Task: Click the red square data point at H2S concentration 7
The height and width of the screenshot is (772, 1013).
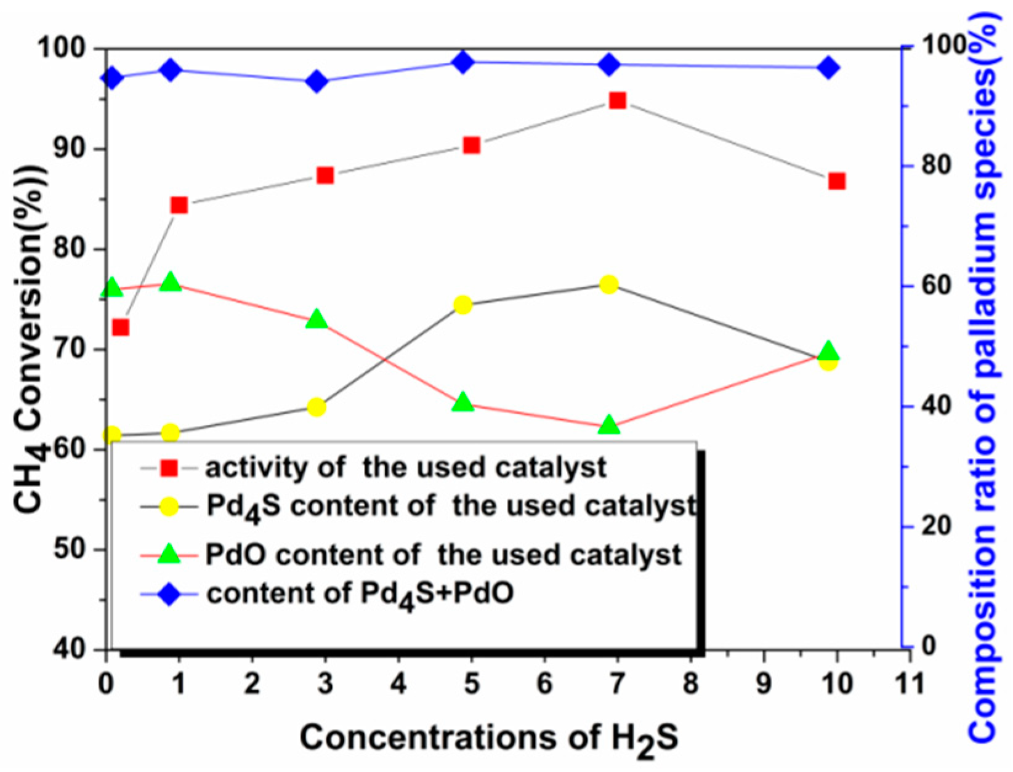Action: [617, 101]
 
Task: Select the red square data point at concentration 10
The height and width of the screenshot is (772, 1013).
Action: [836, 182]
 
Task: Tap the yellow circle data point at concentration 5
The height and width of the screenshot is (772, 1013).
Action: [463, 305]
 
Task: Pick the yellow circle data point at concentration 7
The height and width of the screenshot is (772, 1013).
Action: [609, 284]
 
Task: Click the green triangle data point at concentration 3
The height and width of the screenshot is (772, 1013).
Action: [317, 320]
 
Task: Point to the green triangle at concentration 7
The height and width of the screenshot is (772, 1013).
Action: [609, 425]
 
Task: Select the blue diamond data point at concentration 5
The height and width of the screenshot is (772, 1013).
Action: [463, 62]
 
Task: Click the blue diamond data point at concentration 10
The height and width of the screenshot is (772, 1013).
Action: [829, 68]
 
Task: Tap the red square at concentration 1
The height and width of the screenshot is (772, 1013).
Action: [179, 205]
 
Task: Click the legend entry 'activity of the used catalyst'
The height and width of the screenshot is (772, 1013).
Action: [405, 468]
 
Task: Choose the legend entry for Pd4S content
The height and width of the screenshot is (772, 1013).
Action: [451, 507]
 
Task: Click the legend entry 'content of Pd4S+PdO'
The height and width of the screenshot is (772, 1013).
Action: [360, 593]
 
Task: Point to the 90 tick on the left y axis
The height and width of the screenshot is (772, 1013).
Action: [72, 150]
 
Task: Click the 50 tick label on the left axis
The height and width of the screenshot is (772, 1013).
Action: [72, 550]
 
